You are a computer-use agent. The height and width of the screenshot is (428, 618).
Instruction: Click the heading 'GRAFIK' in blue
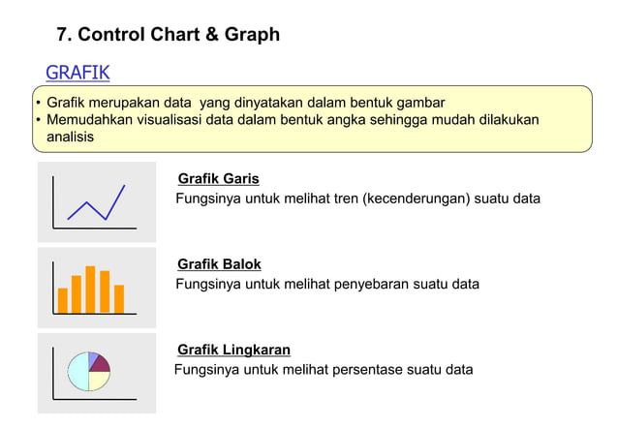pyautogui.click(x=77, y=73)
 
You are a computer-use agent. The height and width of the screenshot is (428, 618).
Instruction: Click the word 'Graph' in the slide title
pyautogui.click(x=251, y=35)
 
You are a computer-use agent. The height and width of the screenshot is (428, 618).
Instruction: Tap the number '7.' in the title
pyautogui.click(x=65, y=35)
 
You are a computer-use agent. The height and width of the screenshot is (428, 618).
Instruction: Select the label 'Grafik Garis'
pyautogui.click(x=218, y=179)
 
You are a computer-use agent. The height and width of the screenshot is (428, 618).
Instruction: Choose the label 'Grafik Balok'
pyautogui.click(x=219, y=264)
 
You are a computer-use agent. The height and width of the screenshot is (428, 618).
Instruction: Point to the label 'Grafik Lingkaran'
pyautogui.click(x=233, y=350)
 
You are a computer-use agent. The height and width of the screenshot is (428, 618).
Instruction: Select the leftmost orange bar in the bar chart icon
pyautogui.click(x=63, y=300)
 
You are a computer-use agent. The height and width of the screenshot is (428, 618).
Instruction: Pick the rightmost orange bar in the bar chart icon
pyautogui.click(x=119, y=298)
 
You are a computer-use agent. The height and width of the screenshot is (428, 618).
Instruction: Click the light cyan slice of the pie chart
pyautogui.click(x=77, y=372)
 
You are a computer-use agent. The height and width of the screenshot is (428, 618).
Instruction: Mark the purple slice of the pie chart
pyautogui.click(x=99, y=364)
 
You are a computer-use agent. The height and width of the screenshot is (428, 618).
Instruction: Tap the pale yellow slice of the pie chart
pyautogui.click(x=98, y=380)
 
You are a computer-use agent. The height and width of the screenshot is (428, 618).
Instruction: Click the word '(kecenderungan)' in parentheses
pyautogui.click(x=417, y=199)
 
